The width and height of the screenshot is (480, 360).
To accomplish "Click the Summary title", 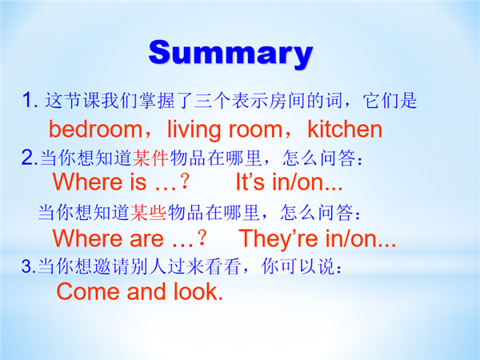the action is pyautogui.click(x=231, y=53).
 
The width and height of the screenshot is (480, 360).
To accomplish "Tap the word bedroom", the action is pyautogui.click(x=95, y=129).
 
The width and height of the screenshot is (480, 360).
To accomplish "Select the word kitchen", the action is pyautogui.click(x=345, y=129).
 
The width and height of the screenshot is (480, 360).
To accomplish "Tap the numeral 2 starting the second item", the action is pyautogui.click(x=27, y=158).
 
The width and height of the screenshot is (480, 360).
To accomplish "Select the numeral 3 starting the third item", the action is pyautogui.click(x=27, y=266).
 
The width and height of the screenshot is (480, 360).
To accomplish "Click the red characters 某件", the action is pyautogui.click(x=150, y=158).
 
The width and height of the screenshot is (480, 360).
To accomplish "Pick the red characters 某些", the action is pyautogui.click(x=148, y=213).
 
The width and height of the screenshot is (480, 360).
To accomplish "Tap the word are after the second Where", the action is pyautogui.click(x=146, y=238).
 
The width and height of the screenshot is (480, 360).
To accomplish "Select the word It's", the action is pyautogui.click(x=250, y=182).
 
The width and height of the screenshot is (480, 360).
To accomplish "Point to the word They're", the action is pyautogui.click(x=278, y=238).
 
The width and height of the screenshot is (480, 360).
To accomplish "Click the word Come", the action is pyautogui.click(x=87, y=291).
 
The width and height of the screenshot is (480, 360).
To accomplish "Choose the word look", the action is pyautogui.click(x=198, y=291).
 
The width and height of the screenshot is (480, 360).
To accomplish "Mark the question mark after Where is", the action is pyautogui.click(x=184, y=182).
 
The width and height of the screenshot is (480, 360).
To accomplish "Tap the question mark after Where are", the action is pyautogui.click(x=202, y=238).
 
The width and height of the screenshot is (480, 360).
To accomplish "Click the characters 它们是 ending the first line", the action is pyautogui.click(x=390, y=100).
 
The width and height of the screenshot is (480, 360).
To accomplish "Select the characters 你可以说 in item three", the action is pyautogui.click(x=297, y=266).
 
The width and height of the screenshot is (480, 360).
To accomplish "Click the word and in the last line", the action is pyautogui.click(x=146, y=291).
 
